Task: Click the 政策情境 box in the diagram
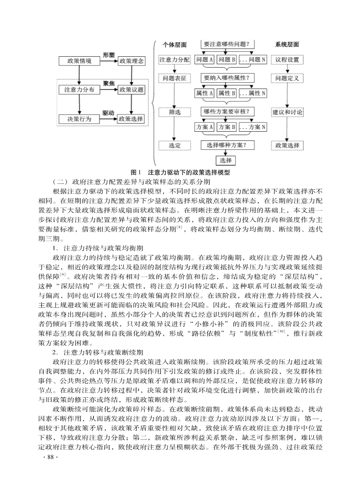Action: pos(79,61)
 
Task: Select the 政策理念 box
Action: pos(131,61)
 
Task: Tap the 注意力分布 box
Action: pos(79,89)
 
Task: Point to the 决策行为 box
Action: pos(79,119)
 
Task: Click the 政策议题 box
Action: pos(131,89)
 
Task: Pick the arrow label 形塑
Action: pos(108,54)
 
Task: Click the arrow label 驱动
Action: pos(108,112)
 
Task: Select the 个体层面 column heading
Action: pos(175,44)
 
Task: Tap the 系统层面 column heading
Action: pos(287,44)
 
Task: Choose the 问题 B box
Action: pos(227,59)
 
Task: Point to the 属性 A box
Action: pos(204,93)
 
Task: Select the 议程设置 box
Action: pos(287,59)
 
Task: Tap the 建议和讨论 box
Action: pos(287,112)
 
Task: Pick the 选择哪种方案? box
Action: pos(227,145)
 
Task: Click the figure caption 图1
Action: pos(136,172)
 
